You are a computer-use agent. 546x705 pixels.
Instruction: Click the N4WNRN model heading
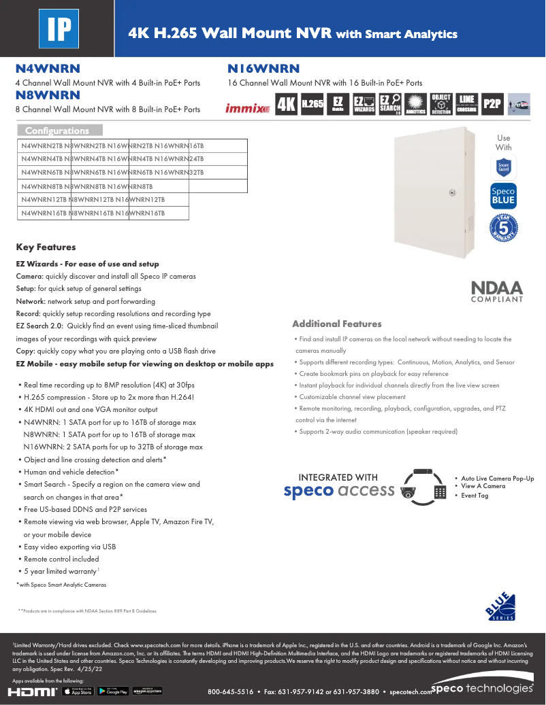[48, 69]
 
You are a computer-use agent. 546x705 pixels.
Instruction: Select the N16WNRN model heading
[263, 69]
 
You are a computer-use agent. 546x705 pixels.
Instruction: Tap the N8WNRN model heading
[48, 95]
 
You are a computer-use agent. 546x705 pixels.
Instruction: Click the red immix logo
[247, 107]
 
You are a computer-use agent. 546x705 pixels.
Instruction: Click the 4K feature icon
[286, 105]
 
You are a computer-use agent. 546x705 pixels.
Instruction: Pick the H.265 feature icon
[312, 104]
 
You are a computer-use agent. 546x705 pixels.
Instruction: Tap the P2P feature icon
[492, 104]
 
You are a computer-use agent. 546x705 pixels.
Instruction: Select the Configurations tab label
[60, 131]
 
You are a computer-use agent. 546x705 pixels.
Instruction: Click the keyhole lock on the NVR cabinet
[451, 192]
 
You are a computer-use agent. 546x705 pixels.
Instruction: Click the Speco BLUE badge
[503, 196]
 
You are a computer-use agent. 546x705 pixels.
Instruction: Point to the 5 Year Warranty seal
[503, 227]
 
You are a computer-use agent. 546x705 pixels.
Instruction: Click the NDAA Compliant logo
[497, 291]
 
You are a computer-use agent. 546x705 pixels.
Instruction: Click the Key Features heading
[46, 247]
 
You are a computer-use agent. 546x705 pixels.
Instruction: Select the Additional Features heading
[336, 324]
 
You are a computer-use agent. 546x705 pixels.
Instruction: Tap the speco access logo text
[339, 490]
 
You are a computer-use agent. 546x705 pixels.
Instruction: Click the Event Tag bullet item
[475, 496]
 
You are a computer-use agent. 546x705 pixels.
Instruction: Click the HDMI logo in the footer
[32, 691]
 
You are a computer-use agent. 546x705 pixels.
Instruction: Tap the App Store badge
[78, 691]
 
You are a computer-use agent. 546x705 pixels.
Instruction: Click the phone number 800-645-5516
[230, 692]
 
